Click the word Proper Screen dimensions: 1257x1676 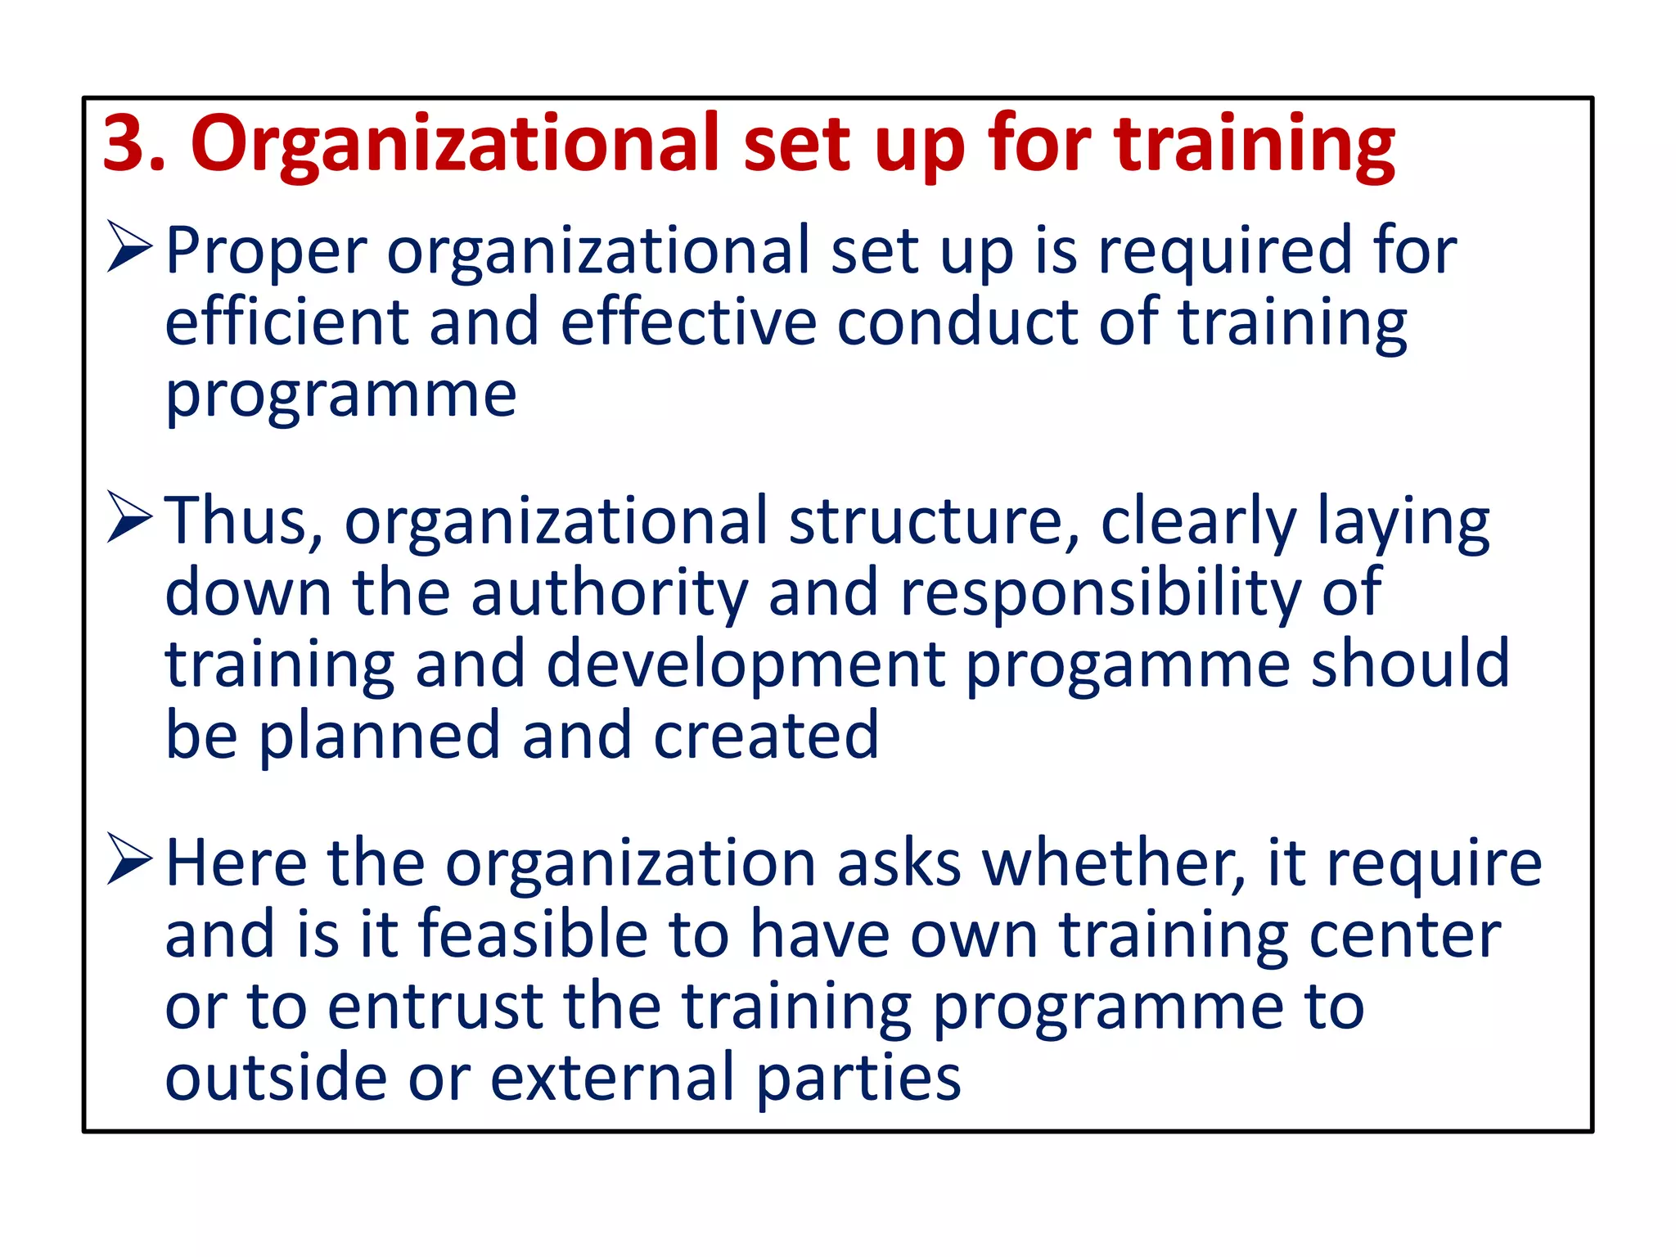tap(266, 252)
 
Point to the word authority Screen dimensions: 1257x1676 tap(610, 593)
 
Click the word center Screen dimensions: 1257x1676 tap(1404, 935)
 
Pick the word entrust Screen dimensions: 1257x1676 tap(436, 1006)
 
